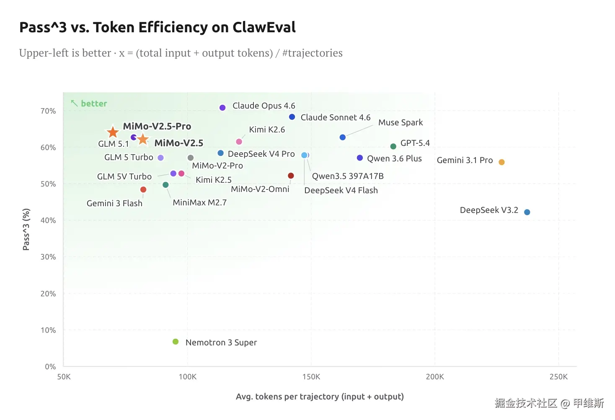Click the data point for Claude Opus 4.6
pos(222,108)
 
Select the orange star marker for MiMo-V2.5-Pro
pos(113,132)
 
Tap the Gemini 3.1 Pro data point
pos(501,162)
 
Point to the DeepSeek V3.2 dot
pos(527,212)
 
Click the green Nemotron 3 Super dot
pos(176,342)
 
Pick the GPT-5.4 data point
pos(393,146)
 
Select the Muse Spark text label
pos(400,122)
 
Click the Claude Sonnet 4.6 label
pos(335,117)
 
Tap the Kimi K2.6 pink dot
pos(239,142)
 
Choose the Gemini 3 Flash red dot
pos(143,189)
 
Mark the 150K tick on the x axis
pos(311,376)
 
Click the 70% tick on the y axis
pos(48,111)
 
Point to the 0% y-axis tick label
pos(50,367)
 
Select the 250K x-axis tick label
pos(558,376)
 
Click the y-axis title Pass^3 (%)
pos(26,229)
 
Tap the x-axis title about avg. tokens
pos(320,397)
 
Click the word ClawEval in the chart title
pos(264,27)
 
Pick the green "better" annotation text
pos(94,104)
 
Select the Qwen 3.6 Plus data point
pos(359,158)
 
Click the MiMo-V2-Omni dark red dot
pos(291,176)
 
